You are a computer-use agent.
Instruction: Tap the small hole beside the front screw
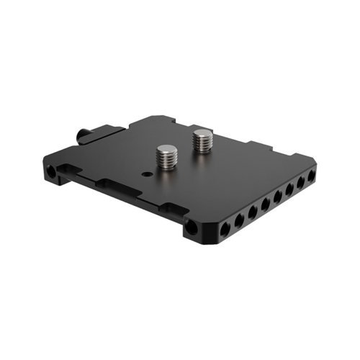click(148, 174)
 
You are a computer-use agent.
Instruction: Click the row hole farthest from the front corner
click(312, 177)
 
